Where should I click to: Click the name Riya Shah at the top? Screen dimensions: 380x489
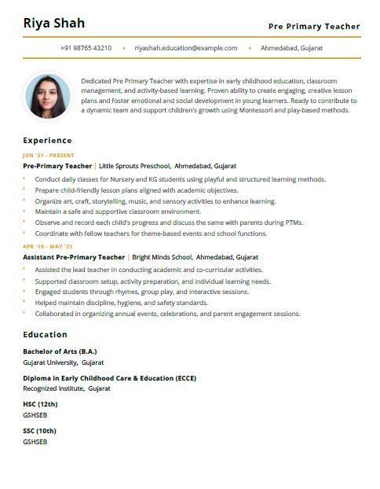pyautogui.click(x=54, y=23)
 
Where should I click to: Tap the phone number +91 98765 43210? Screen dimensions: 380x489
pyautogui.click(x=86, y=48)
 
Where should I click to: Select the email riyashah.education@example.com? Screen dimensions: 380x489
pyautogui.click(x=186, y=48)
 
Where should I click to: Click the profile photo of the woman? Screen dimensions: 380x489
pyautogui.click(x=47, y=96)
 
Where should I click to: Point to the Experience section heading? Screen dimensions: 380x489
pyautogui.click(x=47, y=141)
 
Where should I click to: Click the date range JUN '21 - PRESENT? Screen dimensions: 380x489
pyautogui.click(x=49, y=156)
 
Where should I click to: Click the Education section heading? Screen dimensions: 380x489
pyautogui.click(x=45, y=334)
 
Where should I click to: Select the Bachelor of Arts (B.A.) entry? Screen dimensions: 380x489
pyautogui.click(x=60, y=351)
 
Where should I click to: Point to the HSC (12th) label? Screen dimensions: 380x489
pyautogui.click(x=40, y=404)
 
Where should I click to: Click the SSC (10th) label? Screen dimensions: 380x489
pyautogui.click(x=39, y=431)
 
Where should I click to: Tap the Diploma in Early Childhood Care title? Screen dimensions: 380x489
pyautogui.click(x=109, y=377)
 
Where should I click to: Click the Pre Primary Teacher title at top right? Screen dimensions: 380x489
pyautogui.click(x=314, y=27)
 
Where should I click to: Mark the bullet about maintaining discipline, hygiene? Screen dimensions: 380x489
pyautogui.click(x=122, y=303)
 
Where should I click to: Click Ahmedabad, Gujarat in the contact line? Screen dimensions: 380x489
pyautogui.click(x=291, y=48)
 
